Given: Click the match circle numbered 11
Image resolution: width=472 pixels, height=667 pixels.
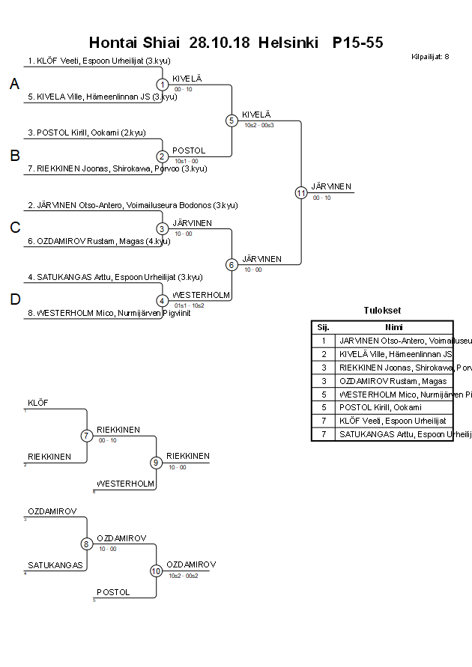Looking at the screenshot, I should (300, 192).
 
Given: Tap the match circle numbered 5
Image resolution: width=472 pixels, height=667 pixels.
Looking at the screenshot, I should (232, 120).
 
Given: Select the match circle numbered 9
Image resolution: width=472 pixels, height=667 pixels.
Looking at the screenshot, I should (156, 462).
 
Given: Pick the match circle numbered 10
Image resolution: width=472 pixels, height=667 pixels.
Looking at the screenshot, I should (156, 570).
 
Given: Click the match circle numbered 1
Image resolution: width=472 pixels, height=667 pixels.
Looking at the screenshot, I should (162, 85).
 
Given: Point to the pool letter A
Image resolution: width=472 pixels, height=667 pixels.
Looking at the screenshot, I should (14, 85).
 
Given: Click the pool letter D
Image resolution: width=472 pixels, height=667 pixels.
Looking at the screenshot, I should (14, 299).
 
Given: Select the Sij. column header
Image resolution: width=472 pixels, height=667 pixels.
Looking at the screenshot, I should (323, 327).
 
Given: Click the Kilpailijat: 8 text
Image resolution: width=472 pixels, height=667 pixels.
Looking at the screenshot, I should (430, 56).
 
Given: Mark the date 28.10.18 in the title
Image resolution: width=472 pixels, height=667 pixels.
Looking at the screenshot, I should (220, 43).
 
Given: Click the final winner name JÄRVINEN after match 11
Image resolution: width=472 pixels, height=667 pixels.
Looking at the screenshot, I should (331, 186).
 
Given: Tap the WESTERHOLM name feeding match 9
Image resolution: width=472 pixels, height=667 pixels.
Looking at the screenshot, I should (125, 484).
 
